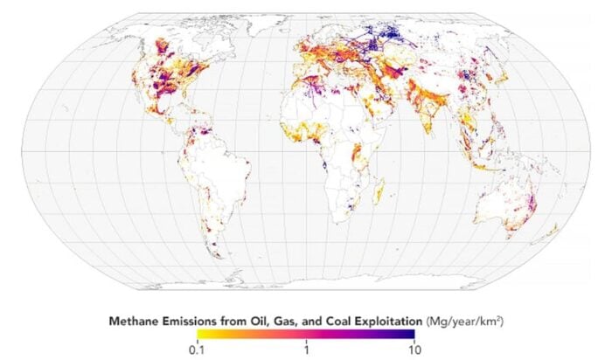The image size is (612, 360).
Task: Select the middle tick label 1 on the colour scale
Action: (306, 350)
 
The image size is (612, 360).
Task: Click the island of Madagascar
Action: (380, 188)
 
